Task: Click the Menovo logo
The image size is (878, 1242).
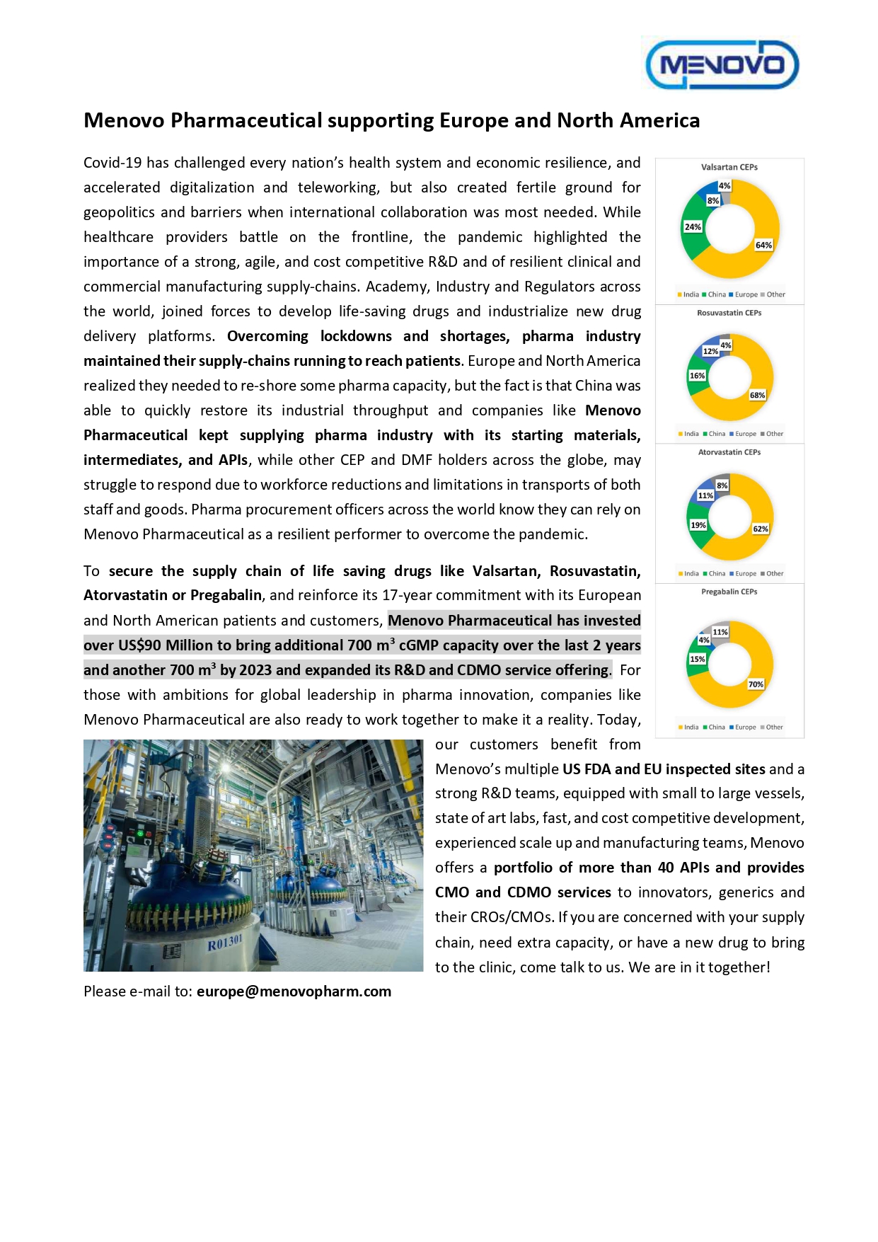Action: click(x=722, y=64)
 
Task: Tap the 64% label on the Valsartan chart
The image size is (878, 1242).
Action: click(x=763, y=245)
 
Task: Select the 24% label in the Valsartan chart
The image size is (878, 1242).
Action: click(x=693, y=227)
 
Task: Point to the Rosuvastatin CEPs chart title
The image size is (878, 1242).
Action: click(x=729, y=313)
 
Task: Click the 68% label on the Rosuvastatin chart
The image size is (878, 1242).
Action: click(x=757, y=395)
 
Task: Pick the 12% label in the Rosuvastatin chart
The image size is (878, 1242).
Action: click(x=710, y=351)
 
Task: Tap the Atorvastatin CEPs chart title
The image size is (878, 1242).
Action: click(x=729, y=452)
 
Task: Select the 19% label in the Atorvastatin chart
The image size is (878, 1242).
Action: click(x=698, y=525)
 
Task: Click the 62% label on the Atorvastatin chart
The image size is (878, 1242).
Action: click(x=760, y=529)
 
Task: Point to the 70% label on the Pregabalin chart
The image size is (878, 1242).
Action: click(x=756, y=684)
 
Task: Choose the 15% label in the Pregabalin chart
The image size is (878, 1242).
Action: click(x=697, y=659)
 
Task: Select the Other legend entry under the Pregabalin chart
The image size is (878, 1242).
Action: click(x=773, y=727)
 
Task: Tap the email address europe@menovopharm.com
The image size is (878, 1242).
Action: click(x=294, y=991)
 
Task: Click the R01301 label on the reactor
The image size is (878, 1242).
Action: click(x=224, y=943)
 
